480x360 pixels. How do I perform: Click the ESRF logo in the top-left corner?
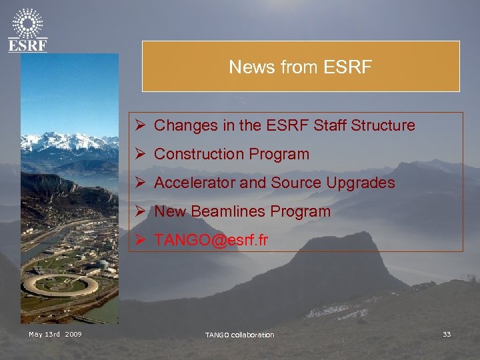(28, 30)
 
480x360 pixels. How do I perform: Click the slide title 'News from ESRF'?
(300, 67)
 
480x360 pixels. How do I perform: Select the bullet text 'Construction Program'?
(231, 154)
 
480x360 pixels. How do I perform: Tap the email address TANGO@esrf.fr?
(211, 241)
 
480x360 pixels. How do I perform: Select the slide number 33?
(446, 334)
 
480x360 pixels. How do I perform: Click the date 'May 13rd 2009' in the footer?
(55, 334)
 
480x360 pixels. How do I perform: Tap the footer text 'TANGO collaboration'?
(239, 335)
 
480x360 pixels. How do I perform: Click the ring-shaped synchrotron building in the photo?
(60, 285)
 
